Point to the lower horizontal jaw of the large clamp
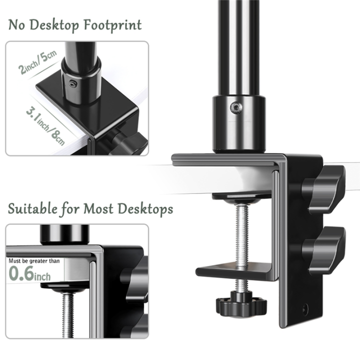235,272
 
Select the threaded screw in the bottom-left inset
68,315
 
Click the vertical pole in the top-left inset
80,50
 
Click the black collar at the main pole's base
238,122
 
